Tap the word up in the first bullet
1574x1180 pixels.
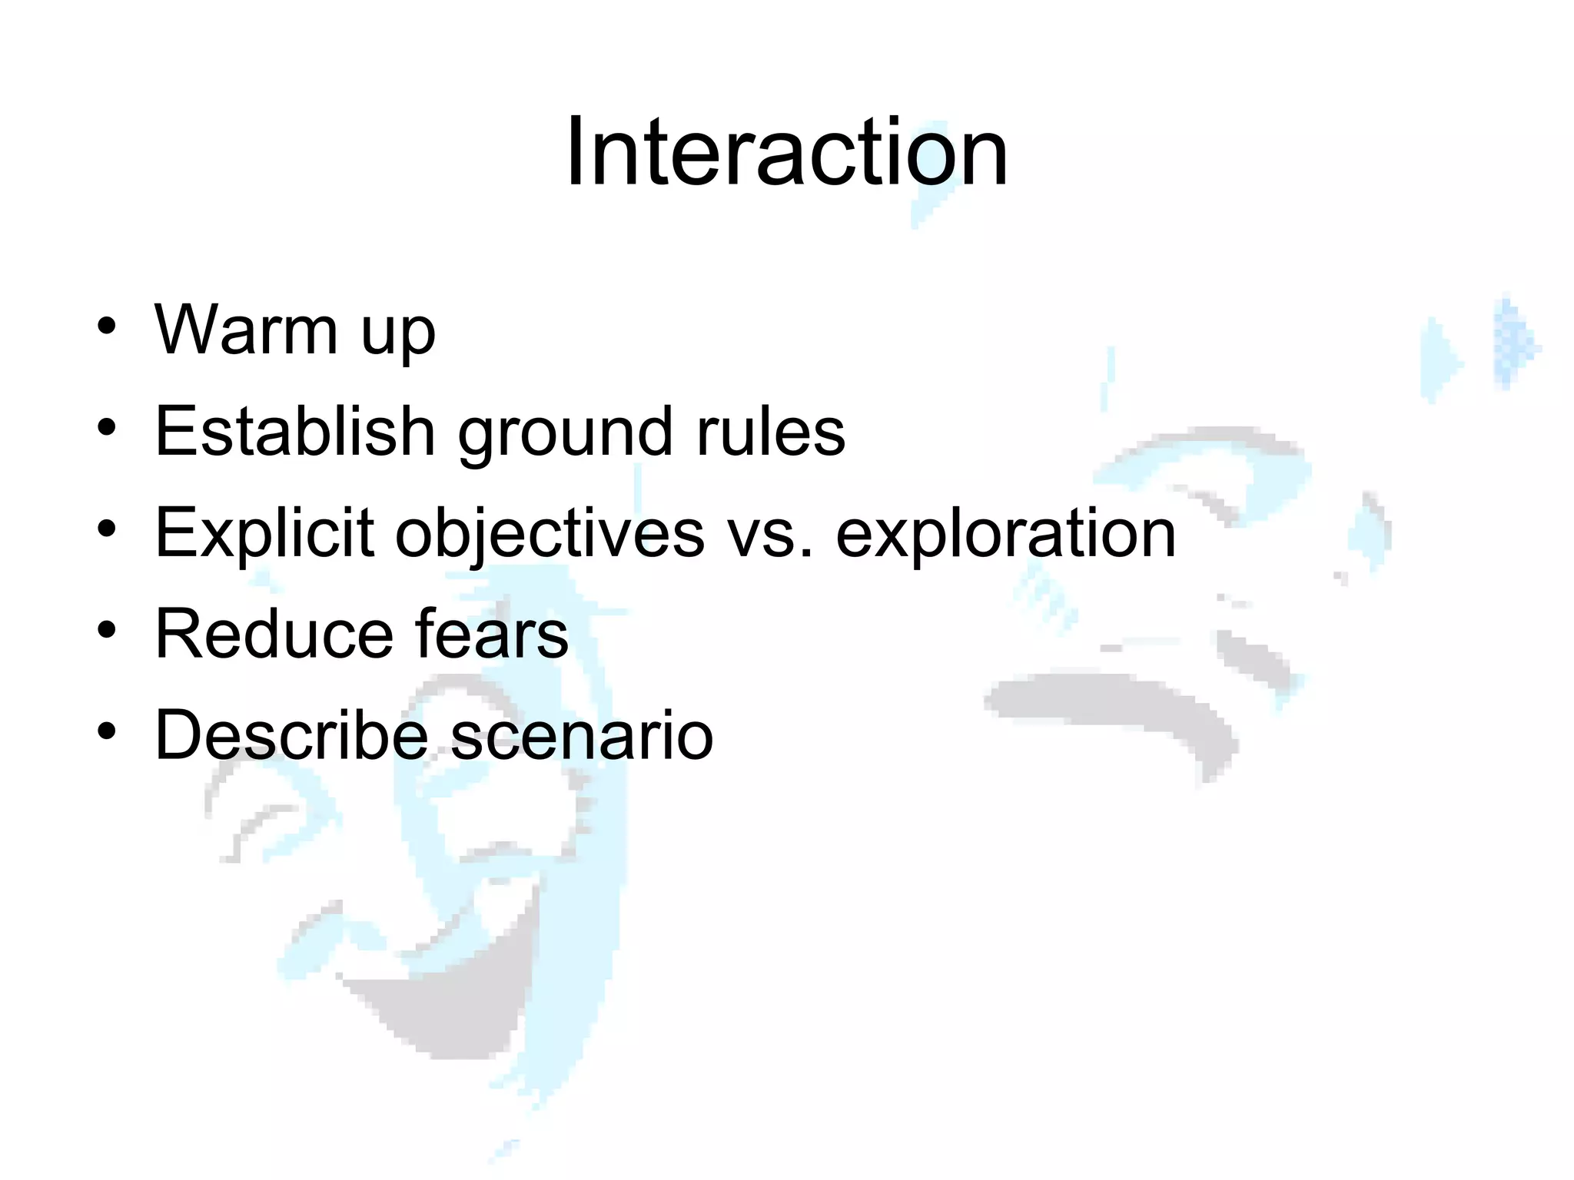tap(397, 336)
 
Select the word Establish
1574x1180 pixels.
tap(295, 431)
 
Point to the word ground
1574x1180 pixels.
tap(566, 436)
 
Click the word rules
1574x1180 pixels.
tap(771, 431)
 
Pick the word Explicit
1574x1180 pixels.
tap(264, 533)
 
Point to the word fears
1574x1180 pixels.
tap(492, 634)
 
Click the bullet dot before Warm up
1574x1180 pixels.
tap(107, 326)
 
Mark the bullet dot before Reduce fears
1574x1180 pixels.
tap(107, 631)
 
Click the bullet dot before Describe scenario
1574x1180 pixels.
tap(107, 732)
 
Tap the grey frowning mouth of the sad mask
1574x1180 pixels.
tap(1114, 703)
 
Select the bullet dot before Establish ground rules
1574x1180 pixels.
tap(107, 428)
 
